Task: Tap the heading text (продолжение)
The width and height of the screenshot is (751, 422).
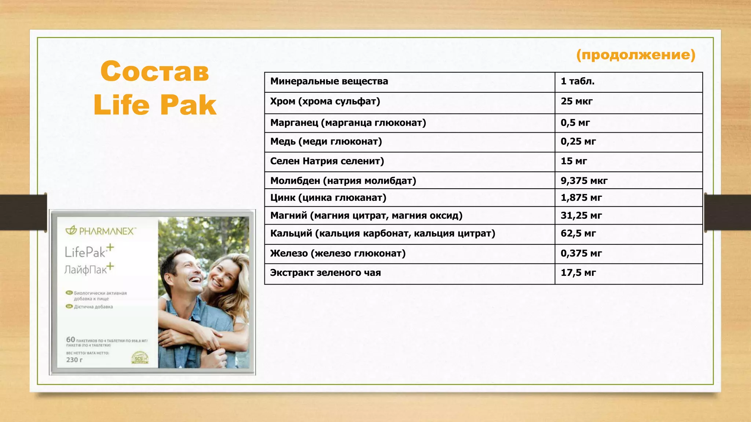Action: [635, 55]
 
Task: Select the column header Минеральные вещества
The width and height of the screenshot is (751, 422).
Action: [329, 81]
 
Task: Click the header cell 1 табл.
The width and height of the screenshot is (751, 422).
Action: [578, 81]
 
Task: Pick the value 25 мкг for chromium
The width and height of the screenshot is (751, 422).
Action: [576, 101]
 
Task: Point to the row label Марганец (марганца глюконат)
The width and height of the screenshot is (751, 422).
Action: [348, 123]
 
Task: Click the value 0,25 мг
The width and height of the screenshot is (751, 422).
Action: [578, 141]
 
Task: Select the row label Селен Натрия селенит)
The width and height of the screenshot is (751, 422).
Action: [327, 161]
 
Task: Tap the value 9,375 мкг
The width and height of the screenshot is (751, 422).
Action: [584, 181]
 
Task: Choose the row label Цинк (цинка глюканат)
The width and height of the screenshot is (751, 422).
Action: [328, 198]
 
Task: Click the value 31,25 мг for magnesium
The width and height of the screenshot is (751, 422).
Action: [581, 215]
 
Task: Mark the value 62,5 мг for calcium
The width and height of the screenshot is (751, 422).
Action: [578, 233]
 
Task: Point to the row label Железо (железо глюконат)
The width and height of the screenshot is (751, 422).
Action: [338, 253]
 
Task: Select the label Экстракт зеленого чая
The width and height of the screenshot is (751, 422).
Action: [325, 273]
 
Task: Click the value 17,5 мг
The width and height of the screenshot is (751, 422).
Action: [578, 273]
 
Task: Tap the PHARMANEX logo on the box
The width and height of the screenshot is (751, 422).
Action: [101, 231]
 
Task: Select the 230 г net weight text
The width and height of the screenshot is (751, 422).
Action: [74, 360]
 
